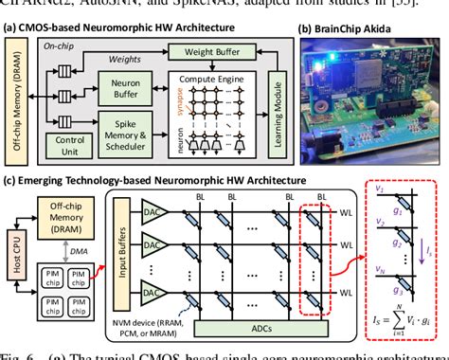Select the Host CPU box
(13, 258)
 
